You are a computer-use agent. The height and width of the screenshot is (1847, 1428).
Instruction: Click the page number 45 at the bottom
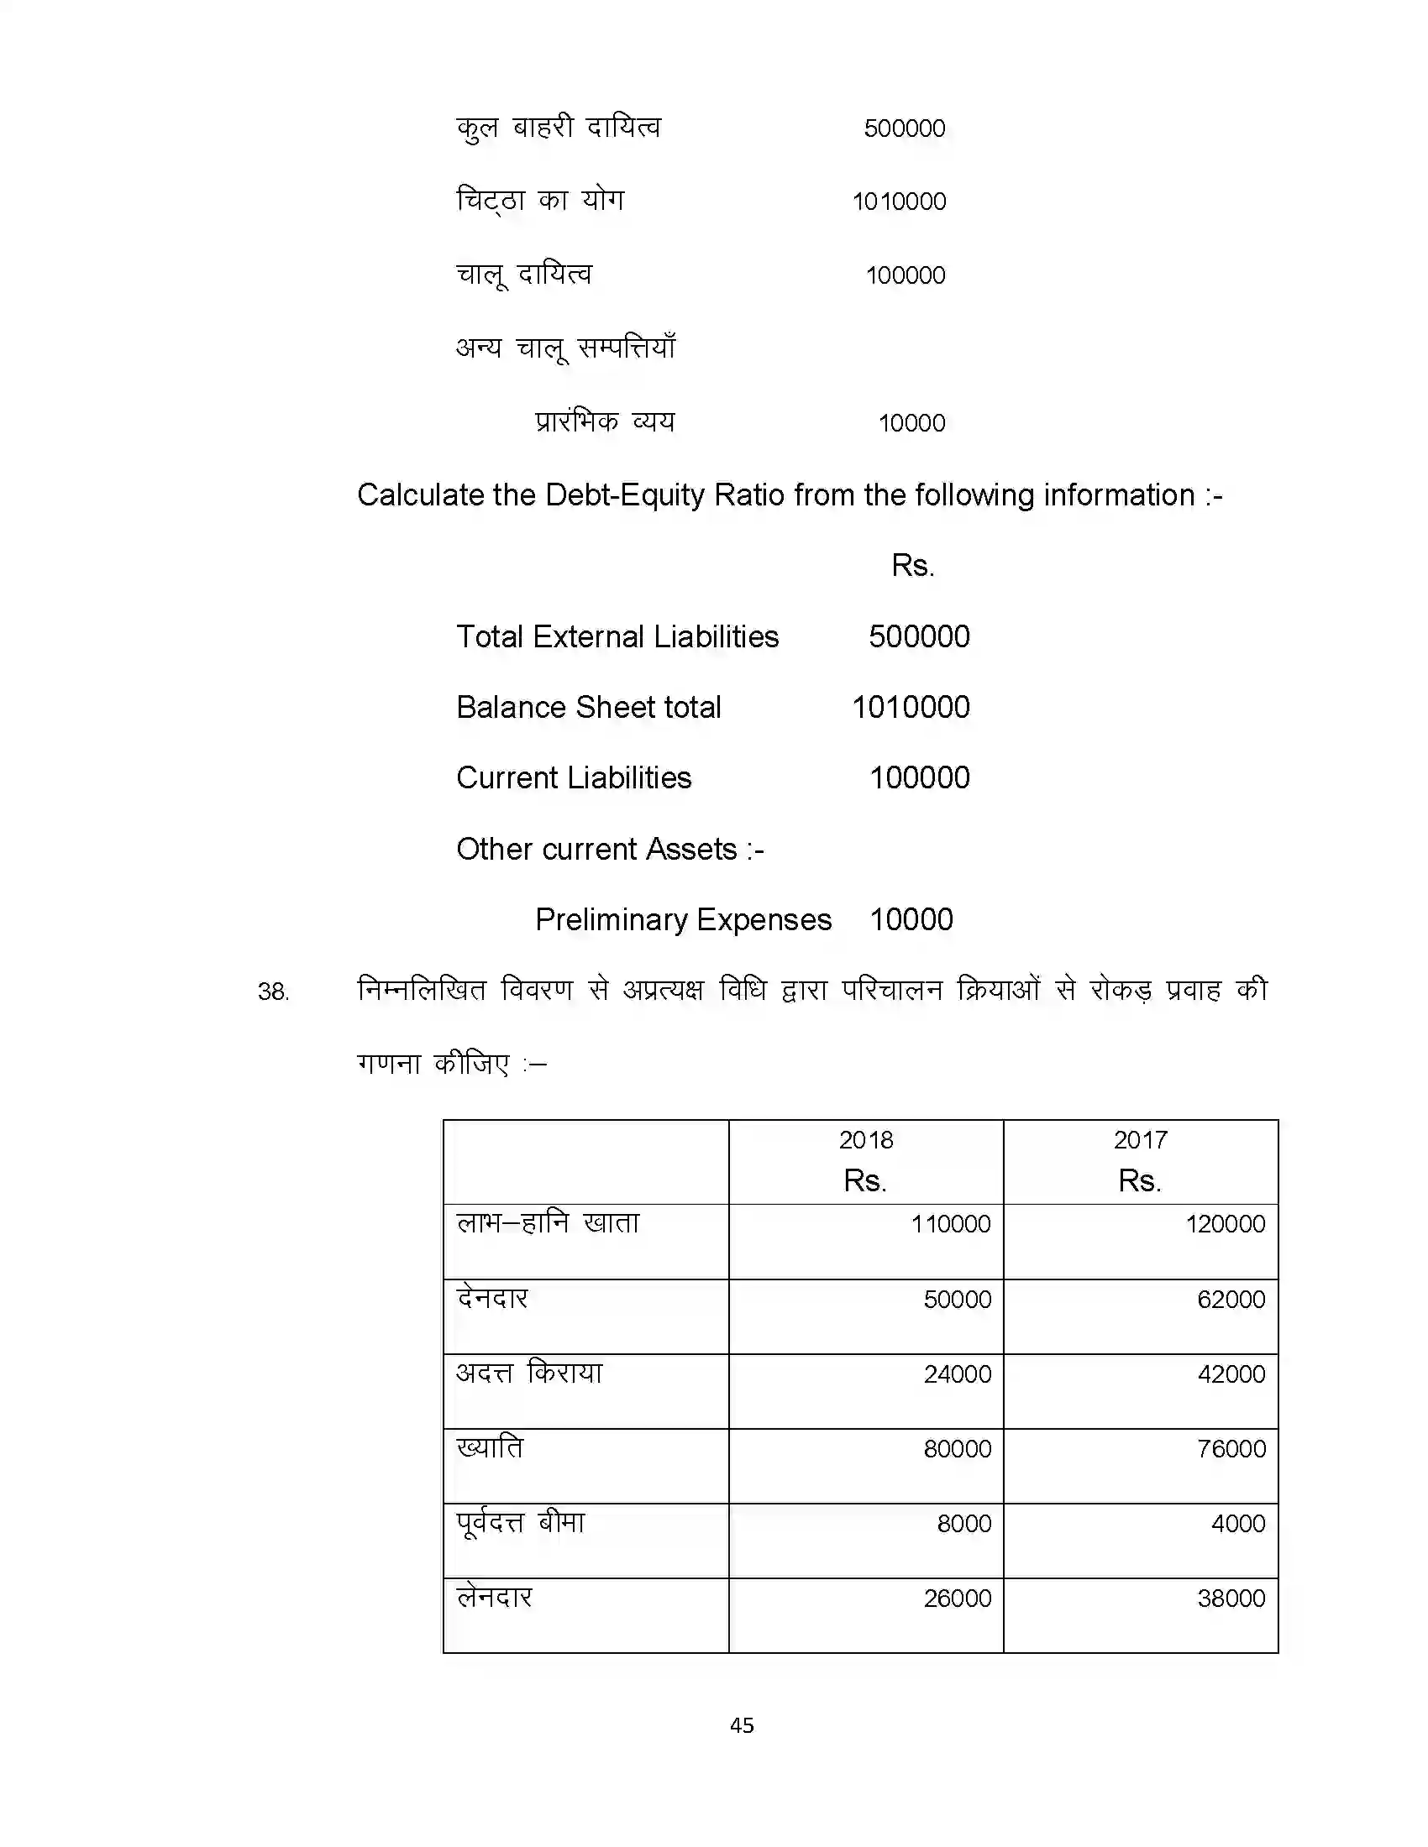point(742,1725)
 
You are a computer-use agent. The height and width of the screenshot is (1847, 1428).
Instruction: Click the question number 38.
point(273,992)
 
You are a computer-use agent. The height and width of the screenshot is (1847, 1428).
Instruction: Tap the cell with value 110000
point(950,1224)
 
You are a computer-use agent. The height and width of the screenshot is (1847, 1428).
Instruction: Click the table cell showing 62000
point(1231,1299)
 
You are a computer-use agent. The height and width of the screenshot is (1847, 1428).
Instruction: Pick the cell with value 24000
point(957,1373)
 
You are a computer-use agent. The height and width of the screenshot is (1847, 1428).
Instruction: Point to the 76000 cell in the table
point(1231,1449)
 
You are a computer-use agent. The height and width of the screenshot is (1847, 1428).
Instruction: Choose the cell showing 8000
point(963,1523)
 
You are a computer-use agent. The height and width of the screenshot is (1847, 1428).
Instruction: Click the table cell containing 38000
point(1231,1598)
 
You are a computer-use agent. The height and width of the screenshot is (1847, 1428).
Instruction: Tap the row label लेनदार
point(494,1598)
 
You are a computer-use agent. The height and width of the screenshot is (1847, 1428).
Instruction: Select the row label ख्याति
point(490,1448)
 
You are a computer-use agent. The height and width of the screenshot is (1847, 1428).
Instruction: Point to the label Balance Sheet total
point(588,707)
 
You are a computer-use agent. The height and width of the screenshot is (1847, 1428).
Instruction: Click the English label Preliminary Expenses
point(683,919)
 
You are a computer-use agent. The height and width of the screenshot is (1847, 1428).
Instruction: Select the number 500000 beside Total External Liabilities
point(919,637)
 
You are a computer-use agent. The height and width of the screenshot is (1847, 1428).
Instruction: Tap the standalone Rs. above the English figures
point(912,565)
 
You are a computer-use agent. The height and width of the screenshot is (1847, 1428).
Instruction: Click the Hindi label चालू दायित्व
point(523,275)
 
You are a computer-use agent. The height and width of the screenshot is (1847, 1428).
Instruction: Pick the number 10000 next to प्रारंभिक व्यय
point(911,423)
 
